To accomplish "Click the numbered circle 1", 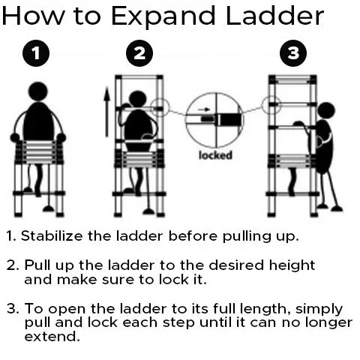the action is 36,53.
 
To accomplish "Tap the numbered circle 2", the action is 139,53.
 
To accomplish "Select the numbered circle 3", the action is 293,53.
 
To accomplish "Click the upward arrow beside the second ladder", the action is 107,112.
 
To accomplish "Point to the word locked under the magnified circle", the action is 215,155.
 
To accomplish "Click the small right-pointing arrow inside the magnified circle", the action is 204,109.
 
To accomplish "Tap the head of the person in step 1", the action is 38,91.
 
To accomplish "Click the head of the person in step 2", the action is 137,100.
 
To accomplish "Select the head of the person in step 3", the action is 325,111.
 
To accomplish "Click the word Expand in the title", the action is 163,16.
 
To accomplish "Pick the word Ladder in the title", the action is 274,16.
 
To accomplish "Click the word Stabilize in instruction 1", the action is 52,235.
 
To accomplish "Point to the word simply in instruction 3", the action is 319,310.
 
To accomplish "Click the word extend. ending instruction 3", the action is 52,336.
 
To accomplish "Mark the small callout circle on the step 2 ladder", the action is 160,108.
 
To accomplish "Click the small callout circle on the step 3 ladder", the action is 271,105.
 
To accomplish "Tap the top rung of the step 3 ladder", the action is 292,81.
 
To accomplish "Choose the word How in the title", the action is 32,16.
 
